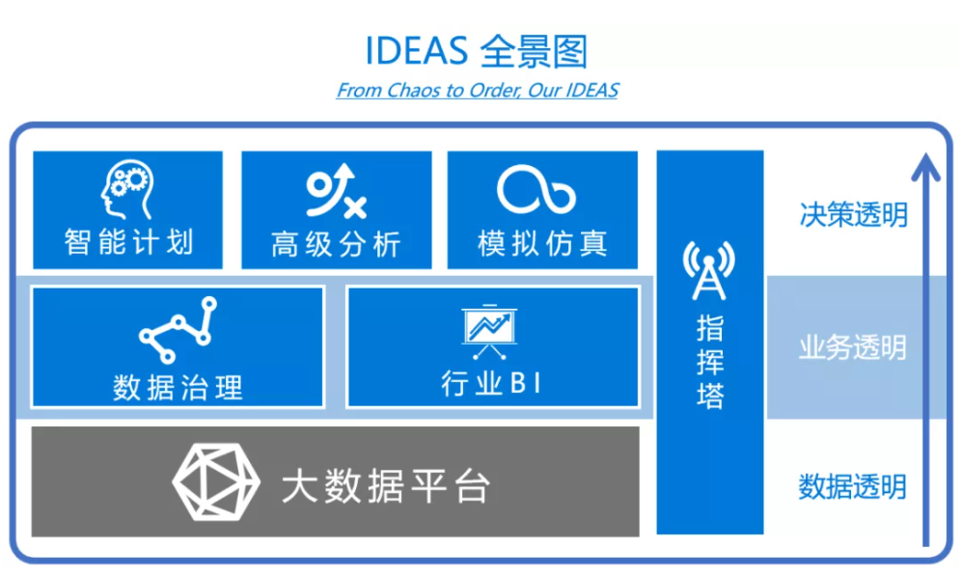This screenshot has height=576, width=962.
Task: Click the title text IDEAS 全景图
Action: (x=477, y=51)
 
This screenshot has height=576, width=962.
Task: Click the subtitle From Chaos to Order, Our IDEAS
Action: (x=478, y=91)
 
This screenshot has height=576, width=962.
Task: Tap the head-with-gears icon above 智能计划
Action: (x=127, y=189)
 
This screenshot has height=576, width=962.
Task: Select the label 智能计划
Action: (x=128, y=242)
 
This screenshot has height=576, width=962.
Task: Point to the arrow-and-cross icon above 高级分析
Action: (x=336, y=190)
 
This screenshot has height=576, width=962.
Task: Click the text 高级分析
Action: (x=336, y=244)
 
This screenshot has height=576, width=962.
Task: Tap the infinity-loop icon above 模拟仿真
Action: (x=536, y=189)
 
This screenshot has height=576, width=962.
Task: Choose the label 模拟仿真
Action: (x=542, y=243)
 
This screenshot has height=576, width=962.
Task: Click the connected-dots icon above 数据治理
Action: (x=178, y=330)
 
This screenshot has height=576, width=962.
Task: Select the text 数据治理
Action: (x=178, y=388)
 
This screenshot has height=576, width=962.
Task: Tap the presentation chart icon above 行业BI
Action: (x=489, y=332)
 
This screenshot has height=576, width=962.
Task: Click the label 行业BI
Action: (x=491, y=383)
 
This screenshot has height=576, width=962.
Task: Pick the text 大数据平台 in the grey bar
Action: (x=386, y=486)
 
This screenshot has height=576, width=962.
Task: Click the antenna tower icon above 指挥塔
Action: (x=709, y=270)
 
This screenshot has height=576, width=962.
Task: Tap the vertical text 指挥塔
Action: (x=710, y=362)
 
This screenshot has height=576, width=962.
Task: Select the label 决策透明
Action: (x=853, y=215)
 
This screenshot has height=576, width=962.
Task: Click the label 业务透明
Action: (x=853, y=347)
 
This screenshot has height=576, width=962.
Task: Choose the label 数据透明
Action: (x=853, y=487)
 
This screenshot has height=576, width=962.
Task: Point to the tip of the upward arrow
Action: (x=925, y=154)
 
